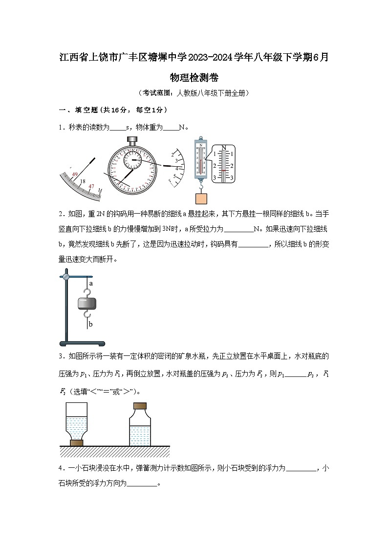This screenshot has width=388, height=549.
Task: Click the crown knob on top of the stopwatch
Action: point(132,140)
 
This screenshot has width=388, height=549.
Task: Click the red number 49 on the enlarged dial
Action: point(75,174)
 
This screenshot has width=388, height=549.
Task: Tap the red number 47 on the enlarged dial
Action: point(91,186)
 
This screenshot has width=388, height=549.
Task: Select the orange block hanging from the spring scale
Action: point(201,198)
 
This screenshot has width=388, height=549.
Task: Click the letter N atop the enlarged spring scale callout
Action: point(224,147)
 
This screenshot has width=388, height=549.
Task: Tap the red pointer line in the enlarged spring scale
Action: point(224,170)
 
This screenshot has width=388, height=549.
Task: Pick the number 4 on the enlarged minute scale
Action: point(176,168)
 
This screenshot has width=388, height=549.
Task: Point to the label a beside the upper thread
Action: point(91,283)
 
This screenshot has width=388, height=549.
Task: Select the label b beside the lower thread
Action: point(91,323)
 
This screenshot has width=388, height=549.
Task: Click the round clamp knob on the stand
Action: point(65,277)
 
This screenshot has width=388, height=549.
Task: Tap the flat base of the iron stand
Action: point(82,343)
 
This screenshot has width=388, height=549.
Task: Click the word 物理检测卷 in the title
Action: point(194,77)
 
